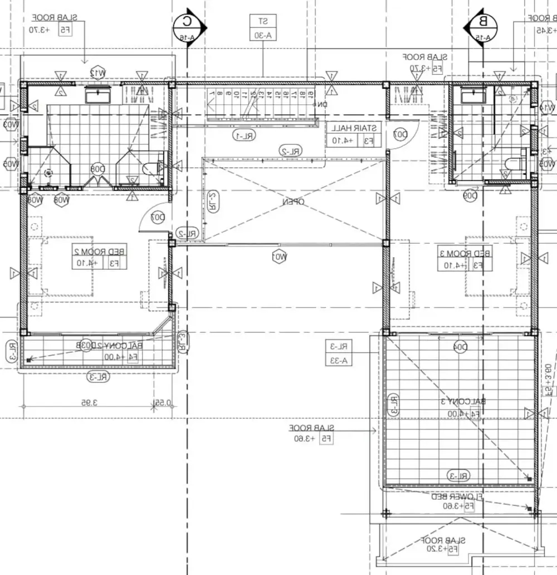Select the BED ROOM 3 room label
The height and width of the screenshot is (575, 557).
[466, 259]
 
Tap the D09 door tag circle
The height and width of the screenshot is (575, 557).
[471, 196]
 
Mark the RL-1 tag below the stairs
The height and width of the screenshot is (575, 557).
[243, 135]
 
